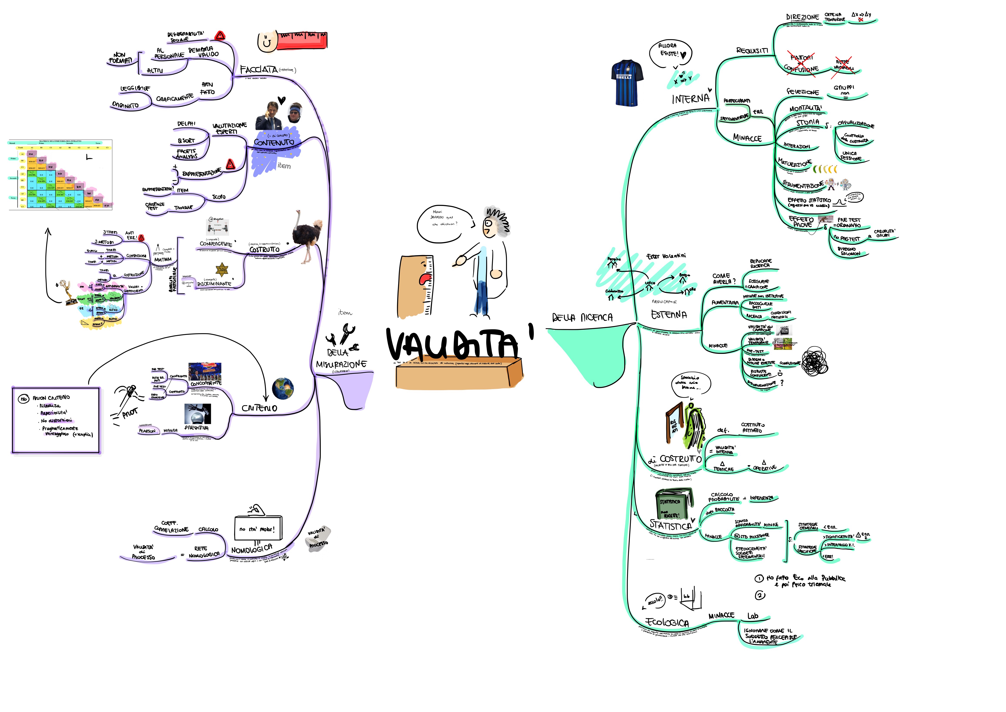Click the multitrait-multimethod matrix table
click(x=60, y=174)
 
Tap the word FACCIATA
click(x=259, y=70)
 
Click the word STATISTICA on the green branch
click(x=670, y=525)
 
